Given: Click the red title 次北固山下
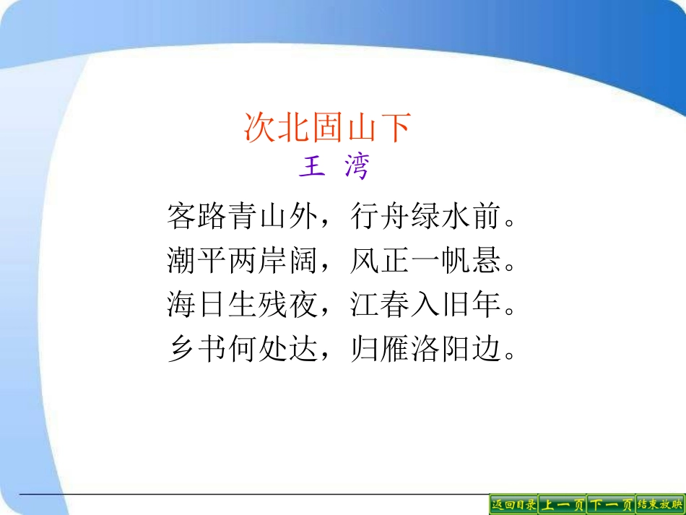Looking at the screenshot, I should click(x=328, y=128).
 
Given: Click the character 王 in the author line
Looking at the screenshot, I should click(x=311, y=167).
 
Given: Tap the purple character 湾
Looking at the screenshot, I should click(x=356, y=167).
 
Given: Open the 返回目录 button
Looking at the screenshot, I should click(x=513, y=504).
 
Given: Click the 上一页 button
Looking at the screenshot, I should click(x=563, y=504).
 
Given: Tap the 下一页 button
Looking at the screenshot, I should click(x=611, y=504).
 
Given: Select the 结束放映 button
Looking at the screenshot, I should click(x=660, y=504).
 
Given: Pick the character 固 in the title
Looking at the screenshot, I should click(x=328, y=128).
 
